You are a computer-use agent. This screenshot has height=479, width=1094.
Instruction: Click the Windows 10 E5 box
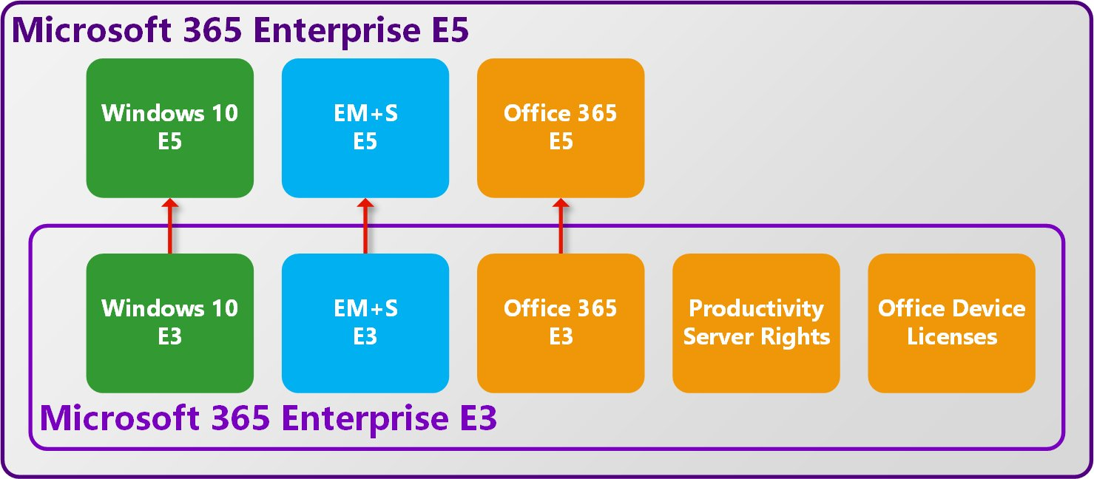tap(170, 128)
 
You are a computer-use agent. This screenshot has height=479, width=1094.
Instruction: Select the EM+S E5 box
tap(365, 128)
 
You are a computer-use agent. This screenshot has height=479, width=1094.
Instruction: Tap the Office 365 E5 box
tap(561, 128)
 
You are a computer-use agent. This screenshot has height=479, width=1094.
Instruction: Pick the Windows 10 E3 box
tap(170, 323)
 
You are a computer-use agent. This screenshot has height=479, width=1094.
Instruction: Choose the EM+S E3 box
tap(365, 323)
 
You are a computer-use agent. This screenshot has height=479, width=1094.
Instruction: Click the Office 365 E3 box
tap(561, 323)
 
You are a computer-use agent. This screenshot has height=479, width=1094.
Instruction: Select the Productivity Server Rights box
tap(756, 323)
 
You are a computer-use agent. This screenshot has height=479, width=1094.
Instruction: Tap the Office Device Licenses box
tap(951, 323)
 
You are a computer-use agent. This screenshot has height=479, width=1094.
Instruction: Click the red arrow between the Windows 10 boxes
tap(170, 225)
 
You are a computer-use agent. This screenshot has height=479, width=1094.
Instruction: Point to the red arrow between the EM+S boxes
tap(365, 225)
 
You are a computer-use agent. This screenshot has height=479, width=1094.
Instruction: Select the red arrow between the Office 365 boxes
tap(561, 225)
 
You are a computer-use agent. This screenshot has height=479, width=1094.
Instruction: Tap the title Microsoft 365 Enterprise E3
tap(268, 418)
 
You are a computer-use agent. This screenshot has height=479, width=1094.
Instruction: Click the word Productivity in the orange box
tap(756, 308)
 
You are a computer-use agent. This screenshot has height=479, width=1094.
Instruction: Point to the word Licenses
tap(952, 337)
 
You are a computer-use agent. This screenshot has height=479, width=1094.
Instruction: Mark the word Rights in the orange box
tap(797, 337)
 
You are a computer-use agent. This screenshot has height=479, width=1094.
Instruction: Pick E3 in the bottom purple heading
tap(474, 418)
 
